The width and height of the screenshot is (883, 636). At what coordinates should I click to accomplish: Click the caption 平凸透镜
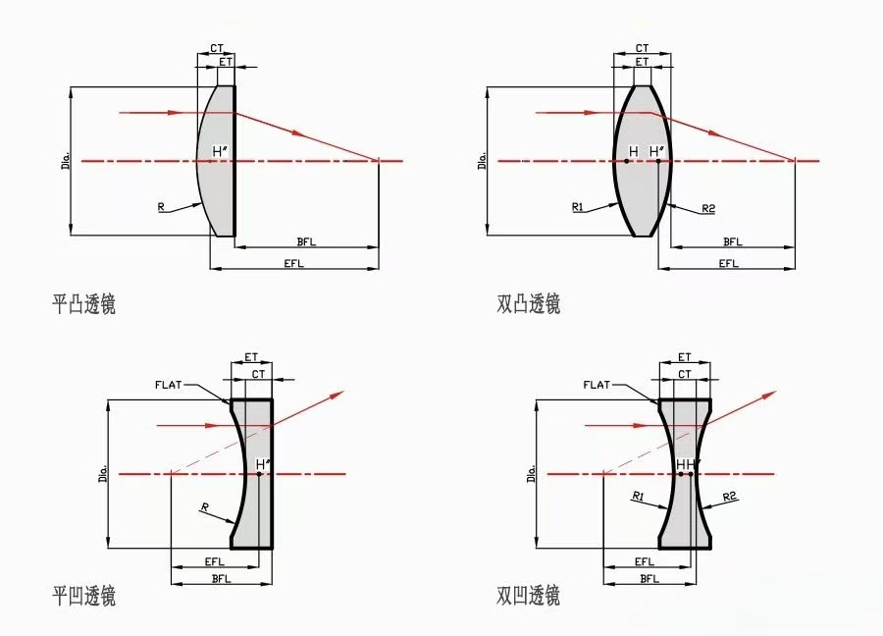click(x=84, y=304)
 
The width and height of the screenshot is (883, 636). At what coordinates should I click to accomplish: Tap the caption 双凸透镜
click(x=528, y=304)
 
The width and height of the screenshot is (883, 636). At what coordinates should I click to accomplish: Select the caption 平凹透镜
click(x=84, y=596)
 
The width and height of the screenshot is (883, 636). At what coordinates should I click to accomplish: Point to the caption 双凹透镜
click(x=528, y=596)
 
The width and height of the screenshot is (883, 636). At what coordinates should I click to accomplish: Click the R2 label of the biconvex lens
click(x=708, y=209)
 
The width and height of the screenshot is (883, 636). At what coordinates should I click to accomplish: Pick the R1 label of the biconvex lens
click(x=578, y=207)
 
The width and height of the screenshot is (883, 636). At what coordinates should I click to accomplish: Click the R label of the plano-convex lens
click(x=161, y=207)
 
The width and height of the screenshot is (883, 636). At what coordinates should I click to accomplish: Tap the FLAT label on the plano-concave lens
click(x=169, y=385)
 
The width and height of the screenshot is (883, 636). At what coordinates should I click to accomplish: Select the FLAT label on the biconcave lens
click(x=597, y=385)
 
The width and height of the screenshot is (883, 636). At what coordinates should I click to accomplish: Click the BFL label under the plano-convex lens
click(x=306, y=241)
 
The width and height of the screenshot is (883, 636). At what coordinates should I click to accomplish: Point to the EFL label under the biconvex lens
click(x=729, y=263)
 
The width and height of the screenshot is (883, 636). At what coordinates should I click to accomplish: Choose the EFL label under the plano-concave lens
click(x=215, y=561)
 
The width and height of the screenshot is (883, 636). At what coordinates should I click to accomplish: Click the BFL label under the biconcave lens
click(x=649, y=578)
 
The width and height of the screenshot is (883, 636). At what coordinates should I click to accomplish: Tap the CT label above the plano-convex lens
click(x=217, y=48)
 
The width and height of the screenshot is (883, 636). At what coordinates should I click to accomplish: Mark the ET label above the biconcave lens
click(x=684, y=357)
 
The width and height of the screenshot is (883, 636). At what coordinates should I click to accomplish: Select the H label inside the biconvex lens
click(x=634, y=151)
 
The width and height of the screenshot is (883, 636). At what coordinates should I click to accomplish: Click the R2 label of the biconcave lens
click(x=729, y=497)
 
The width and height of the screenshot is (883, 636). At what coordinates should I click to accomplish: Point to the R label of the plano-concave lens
click(x=204, y=507)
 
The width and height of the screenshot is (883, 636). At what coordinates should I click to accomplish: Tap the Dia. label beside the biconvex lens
click(x=483, y=160)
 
